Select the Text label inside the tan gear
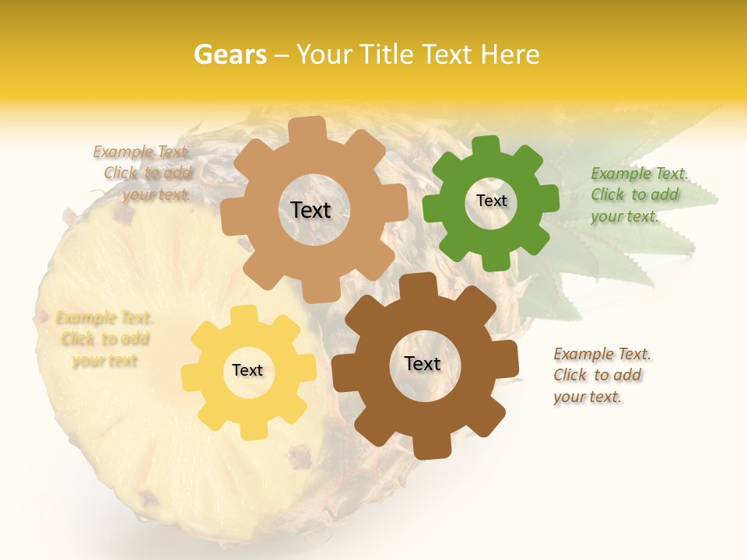(310, 210)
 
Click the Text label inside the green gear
(491, 201)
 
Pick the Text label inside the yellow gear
(247, 371)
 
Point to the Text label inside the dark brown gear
(423, 364)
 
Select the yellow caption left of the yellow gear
(103, 339)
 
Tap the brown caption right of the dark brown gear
(601, 375)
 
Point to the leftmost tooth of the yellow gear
(190, 377)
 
